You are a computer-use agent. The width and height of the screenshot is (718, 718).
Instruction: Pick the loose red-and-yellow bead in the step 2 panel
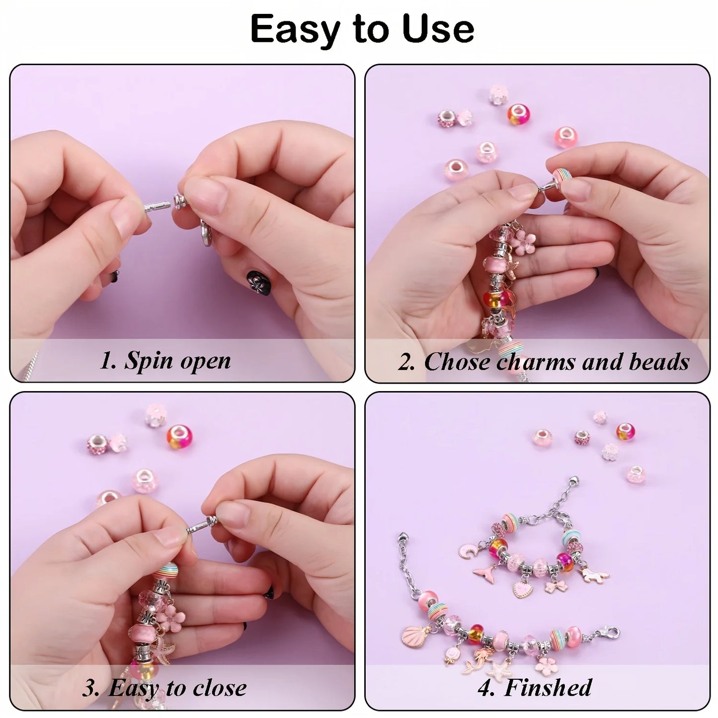click(518, 114)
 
